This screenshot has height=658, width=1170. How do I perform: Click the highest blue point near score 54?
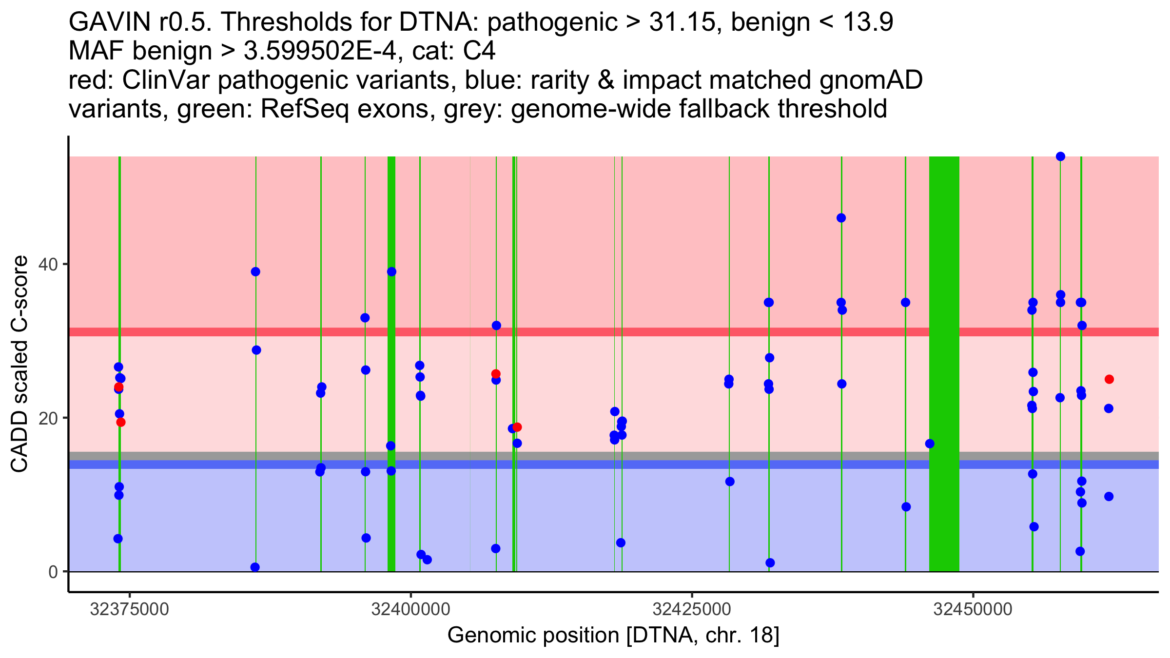(x=1060, y=156)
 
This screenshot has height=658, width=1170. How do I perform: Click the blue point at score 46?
(x=841, y=218)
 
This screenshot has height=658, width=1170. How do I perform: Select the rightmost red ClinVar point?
(x=1109, y=379)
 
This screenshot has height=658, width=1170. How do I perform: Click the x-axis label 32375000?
(x=130, y=610)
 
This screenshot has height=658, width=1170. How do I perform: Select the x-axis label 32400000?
(x=411, y=610)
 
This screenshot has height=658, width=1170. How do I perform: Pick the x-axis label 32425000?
(x=692, y=610)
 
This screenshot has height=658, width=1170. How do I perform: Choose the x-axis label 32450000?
(x=974, y=610)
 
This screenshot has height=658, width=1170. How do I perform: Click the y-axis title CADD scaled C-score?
(x=19, y=365)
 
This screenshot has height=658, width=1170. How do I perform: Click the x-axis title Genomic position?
(x=613, y=636)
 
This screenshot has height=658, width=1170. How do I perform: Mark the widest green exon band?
(x=944, y=364)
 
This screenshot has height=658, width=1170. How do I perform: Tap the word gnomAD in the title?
(x=871, y=80)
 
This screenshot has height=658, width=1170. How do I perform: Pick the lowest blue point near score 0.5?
(x=255, y=567)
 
